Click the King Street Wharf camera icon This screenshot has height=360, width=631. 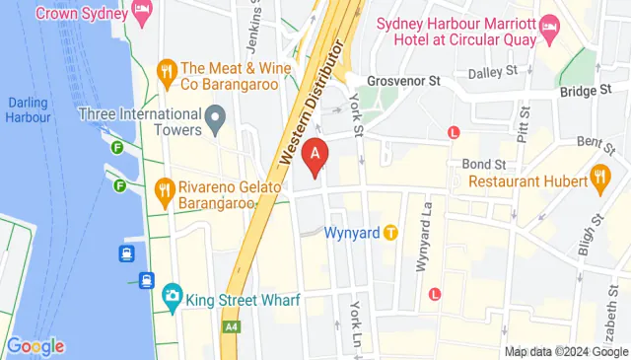point(173,295)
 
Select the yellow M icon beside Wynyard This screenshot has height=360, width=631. point(391,234)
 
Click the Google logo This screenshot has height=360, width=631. point(35,346)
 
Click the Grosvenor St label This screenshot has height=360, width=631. point(401,81)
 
